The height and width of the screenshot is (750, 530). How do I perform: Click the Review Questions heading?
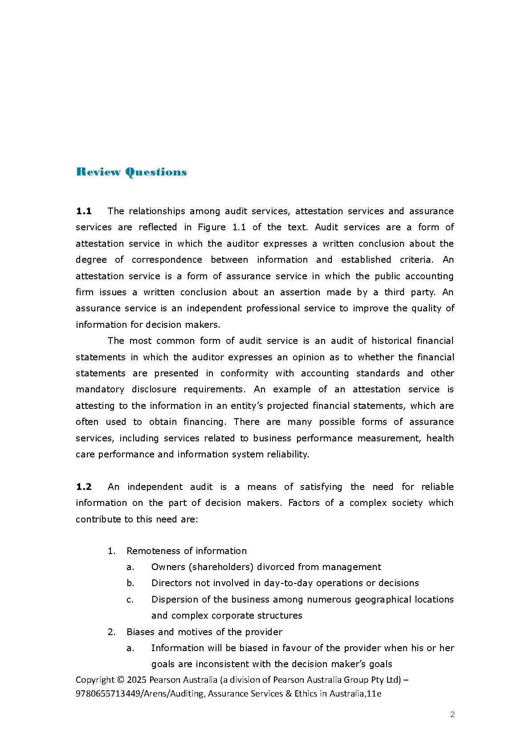131,172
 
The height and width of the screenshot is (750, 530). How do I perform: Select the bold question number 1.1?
84,211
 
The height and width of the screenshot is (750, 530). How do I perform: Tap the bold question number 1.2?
84,487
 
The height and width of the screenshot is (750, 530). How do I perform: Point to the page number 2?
453,715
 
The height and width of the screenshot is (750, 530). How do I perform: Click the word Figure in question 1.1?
212,227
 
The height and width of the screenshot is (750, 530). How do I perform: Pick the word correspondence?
167,260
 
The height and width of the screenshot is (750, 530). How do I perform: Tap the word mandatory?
100,389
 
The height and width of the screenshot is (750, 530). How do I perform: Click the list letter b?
130,583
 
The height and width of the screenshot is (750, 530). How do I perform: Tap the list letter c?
130,599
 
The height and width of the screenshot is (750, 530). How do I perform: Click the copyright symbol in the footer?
121,680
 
